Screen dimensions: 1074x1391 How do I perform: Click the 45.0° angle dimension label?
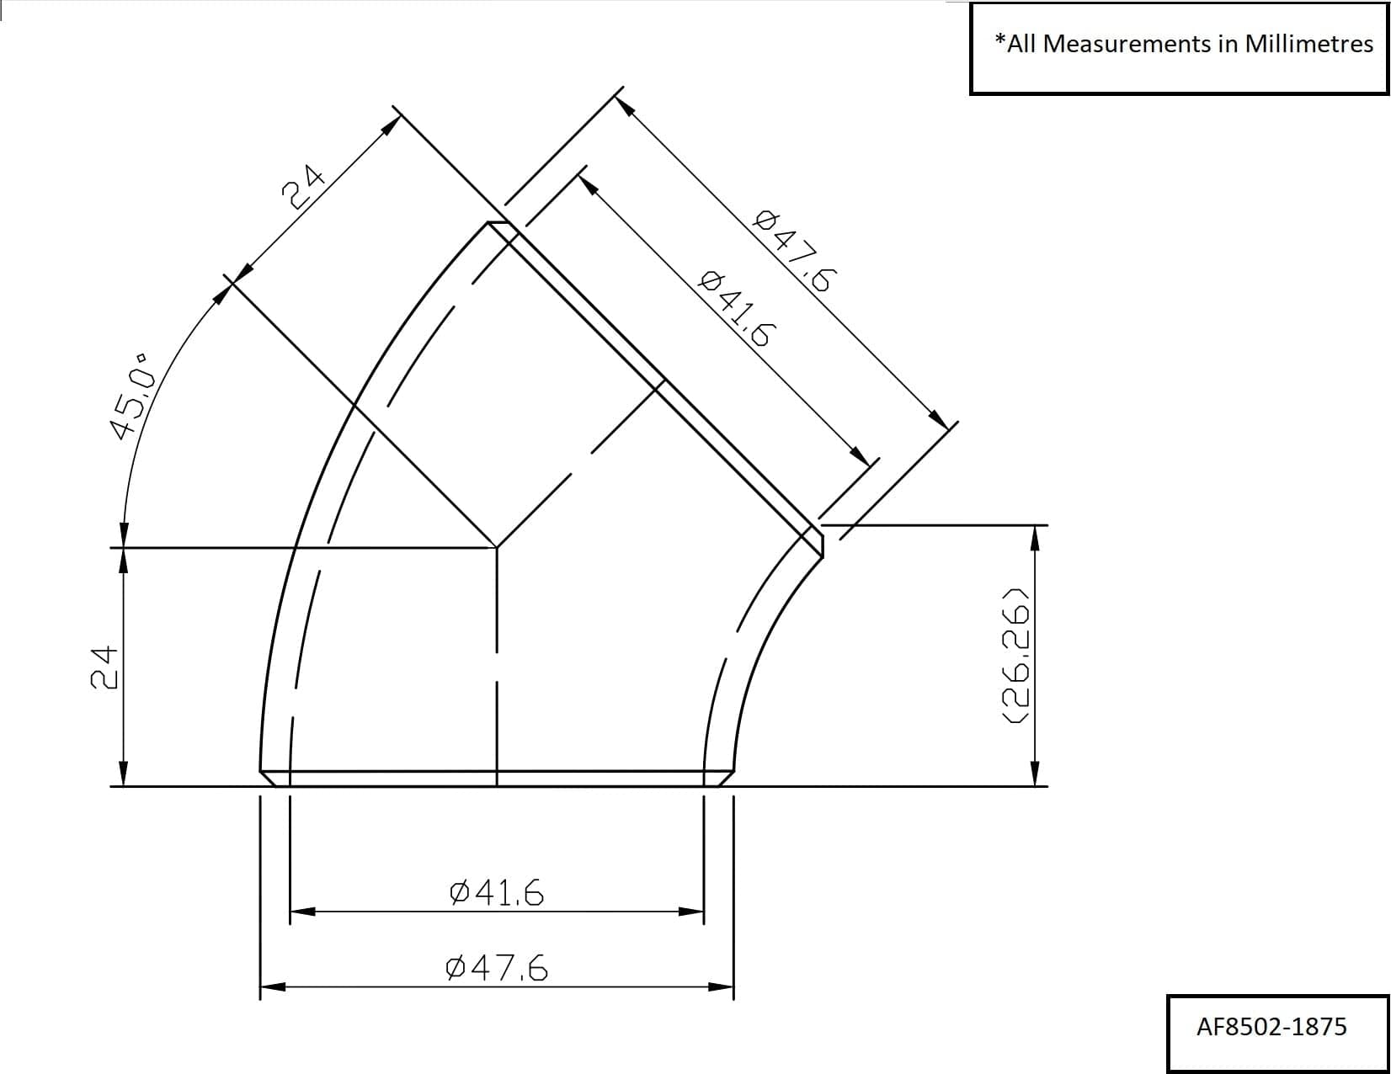pyautogui.click(x=134, y=396)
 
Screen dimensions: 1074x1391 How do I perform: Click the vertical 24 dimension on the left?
pyautogui.click(x=103, y=667)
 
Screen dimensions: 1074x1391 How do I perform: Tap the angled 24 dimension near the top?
pyautogui.click(x=303, y=185)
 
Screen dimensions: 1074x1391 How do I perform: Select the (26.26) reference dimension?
pyautogui.click(x=1015, y=653)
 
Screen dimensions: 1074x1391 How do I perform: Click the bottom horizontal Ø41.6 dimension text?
pyautogui.click(x=497, y=892)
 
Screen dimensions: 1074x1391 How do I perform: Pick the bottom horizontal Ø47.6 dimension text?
pyautogui.click(x=497, y=969)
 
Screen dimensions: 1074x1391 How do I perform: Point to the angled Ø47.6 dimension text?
pyautogui.click(x=792, y=250)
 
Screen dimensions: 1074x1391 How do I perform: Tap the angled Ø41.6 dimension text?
pyautogui.click(x=734, y=308)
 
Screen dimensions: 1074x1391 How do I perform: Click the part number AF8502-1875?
pyautogui.click(x=1271, y=1027)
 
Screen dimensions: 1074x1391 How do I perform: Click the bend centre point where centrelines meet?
pyautogui.click(x=497, y=548)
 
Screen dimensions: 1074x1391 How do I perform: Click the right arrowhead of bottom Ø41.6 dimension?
pyautogui.click(x=692, y=911)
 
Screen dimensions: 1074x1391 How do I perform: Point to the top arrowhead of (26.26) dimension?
pyautogui.click(x=1036, y=536)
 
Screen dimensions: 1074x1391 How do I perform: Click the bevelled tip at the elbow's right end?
pyautogui.click(x=818, y=540)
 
